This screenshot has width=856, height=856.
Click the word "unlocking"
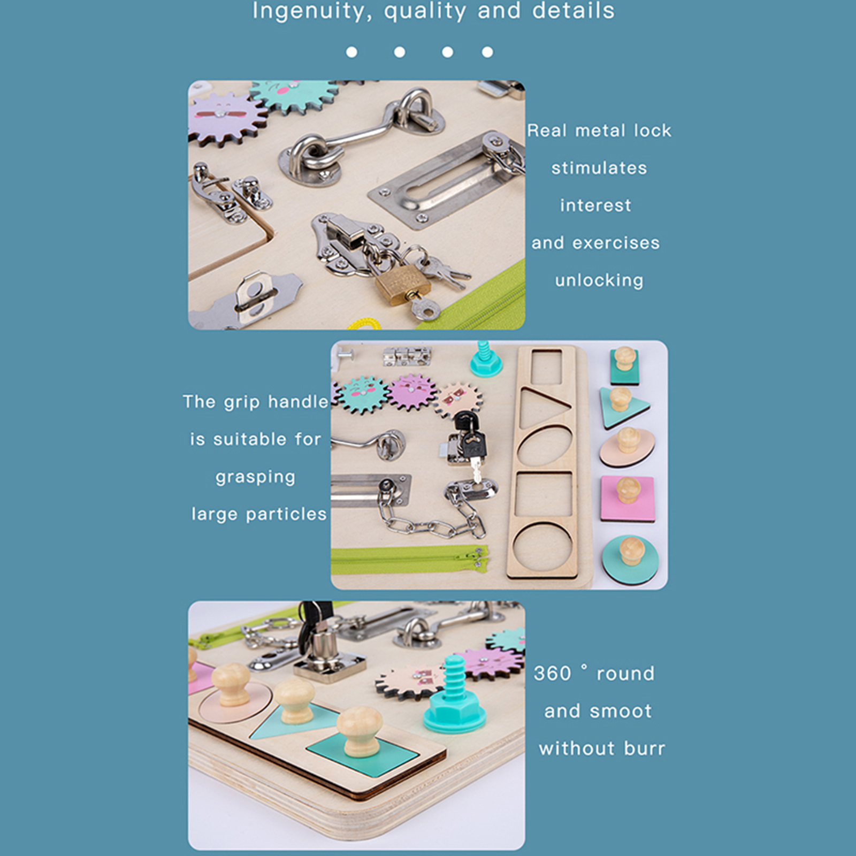point(599,281)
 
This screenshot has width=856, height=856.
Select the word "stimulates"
point(599,168)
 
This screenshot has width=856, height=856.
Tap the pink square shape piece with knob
point(628,499)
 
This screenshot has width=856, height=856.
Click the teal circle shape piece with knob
point(630,560)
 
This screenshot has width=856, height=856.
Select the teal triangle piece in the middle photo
point(623,407)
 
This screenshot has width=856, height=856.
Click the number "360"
point(553,674)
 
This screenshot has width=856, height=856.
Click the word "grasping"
point(255,477)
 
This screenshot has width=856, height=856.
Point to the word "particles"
point(286,514)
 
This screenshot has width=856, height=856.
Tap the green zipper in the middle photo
point(409,559)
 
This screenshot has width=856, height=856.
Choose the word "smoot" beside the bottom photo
point(620,711)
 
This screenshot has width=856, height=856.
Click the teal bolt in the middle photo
point(485,358)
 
